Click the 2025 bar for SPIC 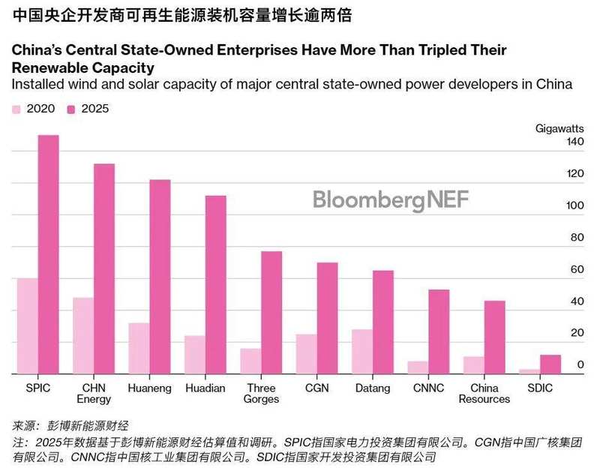pyautogui.click(x=48, y=254)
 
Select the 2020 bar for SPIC pyautogui.click(x=27, y=325)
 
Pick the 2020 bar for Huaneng pyautogui.click(x=139, y=348)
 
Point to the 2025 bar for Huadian pyautogui.click(x=216, y=284)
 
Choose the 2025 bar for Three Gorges pyautogui.click(x=271, y=312)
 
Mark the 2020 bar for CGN pyautogui.click(x=306, y=354)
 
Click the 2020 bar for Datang pyautogui.click(x=362, y=351)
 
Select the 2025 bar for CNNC pyautogui.click(x=439, y=331)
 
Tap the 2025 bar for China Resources pyautogui.click(x=495, y=337)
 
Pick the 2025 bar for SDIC pyautogui.click(x=551, y=364)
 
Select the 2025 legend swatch pyautogui.click(x=72, y=109)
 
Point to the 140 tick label pyautogui.click(x=574, y=142)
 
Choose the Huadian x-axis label pyautogui.click(x=205, y=388)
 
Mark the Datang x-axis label pyautogui.click(x=373, y=388)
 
